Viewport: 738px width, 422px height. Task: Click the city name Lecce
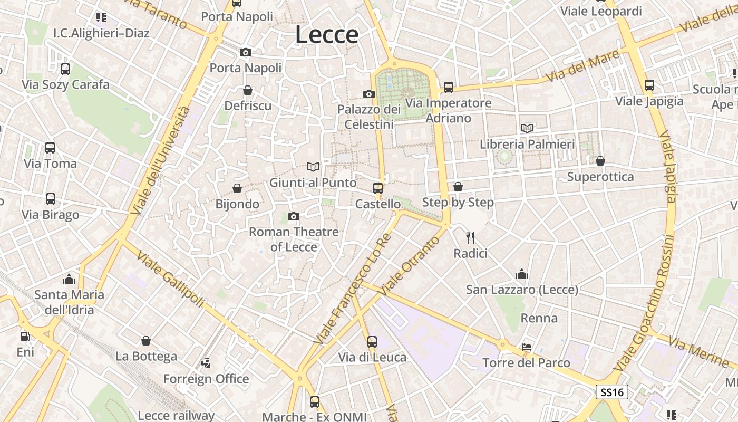pyautogui.click(x=327, y=35)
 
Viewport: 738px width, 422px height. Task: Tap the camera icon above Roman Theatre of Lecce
pyautogui.click(x=294, y=216)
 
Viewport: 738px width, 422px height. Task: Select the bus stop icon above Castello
pyautogui.click(x=377, y=188)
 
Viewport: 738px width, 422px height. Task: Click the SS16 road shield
pyautogui.click(x=612, y=392)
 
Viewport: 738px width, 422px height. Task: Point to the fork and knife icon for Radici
pyautogui.click(x=470, y=238)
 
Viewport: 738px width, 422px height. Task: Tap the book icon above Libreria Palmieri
pyautogui.click(x=527, y=128)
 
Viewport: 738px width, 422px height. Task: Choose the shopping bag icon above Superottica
pyautogui.click(x=600, y=161)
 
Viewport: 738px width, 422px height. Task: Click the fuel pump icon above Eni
pyautogui.click(x=25, y=336)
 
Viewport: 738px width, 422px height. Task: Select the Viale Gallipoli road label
pyautogui.click(x=170, y=280)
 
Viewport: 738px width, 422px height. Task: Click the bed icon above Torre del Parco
pyautogui.click(x=526, y=347)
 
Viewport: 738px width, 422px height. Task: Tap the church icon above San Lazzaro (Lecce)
pyautogui.click(x=522, y=274)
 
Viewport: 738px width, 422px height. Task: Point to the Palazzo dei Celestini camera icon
pyautogui.click(x=369, y=94)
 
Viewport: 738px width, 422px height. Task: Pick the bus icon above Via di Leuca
pyautogui.click(x=372, y=341)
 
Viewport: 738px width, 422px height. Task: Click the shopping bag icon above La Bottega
pyautogui.click(x=146, y=341)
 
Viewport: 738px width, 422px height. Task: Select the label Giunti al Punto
pyautogui.click(x=313, y=183)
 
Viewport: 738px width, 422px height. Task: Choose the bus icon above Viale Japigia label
pyautogui.click(x=649, y=85)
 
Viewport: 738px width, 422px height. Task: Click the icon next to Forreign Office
pyautogui.click(x=206, y=363)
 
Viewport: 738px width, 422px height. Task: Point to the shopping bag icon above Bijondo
pyautogui.click(x=237, y=188)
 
